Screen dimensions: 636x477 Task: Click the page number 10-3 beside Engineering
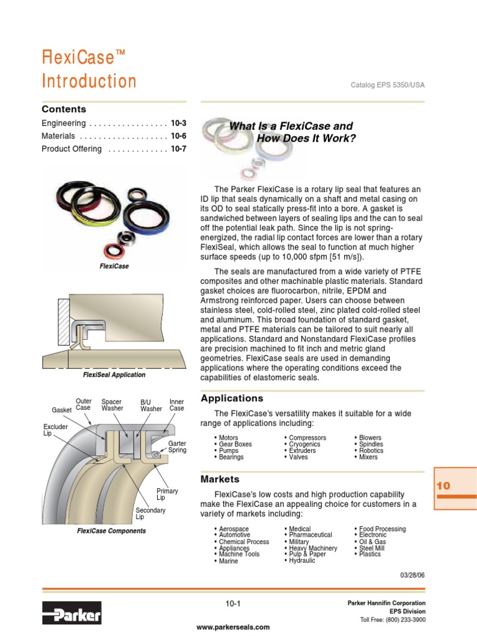(178, 123)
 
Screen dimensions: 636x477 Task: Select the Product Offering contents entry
(68, 149)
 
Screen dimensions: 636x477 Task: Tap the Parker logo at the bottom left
(71, 614)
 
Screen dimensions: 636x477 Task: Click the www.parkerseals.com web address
(233, 627)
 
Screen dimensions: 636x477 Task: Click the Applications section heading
(232, 398)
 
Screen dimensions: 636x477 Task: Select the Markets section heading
(220, 479)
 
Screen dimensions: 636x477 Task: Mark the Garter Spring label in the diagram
(177, 447)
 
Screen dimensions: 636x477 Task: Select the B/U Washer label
(151, 406)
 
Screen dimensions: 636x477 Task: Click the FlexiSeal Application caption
(114, 375)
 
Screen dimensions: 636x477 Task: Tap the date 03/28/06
(412, 575)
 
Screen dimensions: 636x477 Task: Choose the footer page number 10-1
(233, 604)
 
